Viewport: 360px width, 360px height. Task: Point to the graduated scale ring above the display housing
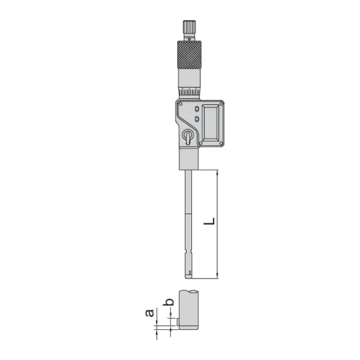189,91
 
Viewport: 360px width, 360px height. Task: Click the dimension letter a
151,313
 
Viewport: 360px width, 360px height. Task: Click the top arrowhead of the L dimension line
217,173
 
